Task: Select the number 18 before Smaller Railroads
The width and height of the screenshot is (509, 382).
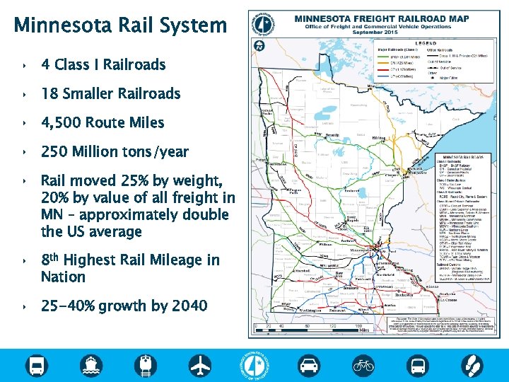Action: [x=49, y=94]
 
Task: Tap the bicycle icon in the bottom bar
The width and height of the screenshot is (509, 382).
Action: [x=363, y=366]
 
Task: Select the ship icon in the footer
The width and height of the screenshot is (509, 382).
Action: [x=91, y=366]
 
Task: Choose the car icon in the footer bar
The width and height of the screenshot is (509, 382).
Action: [x=309, y=366]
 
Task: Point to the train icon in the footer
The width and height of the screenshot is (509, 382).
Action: [x=146, y=366]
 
